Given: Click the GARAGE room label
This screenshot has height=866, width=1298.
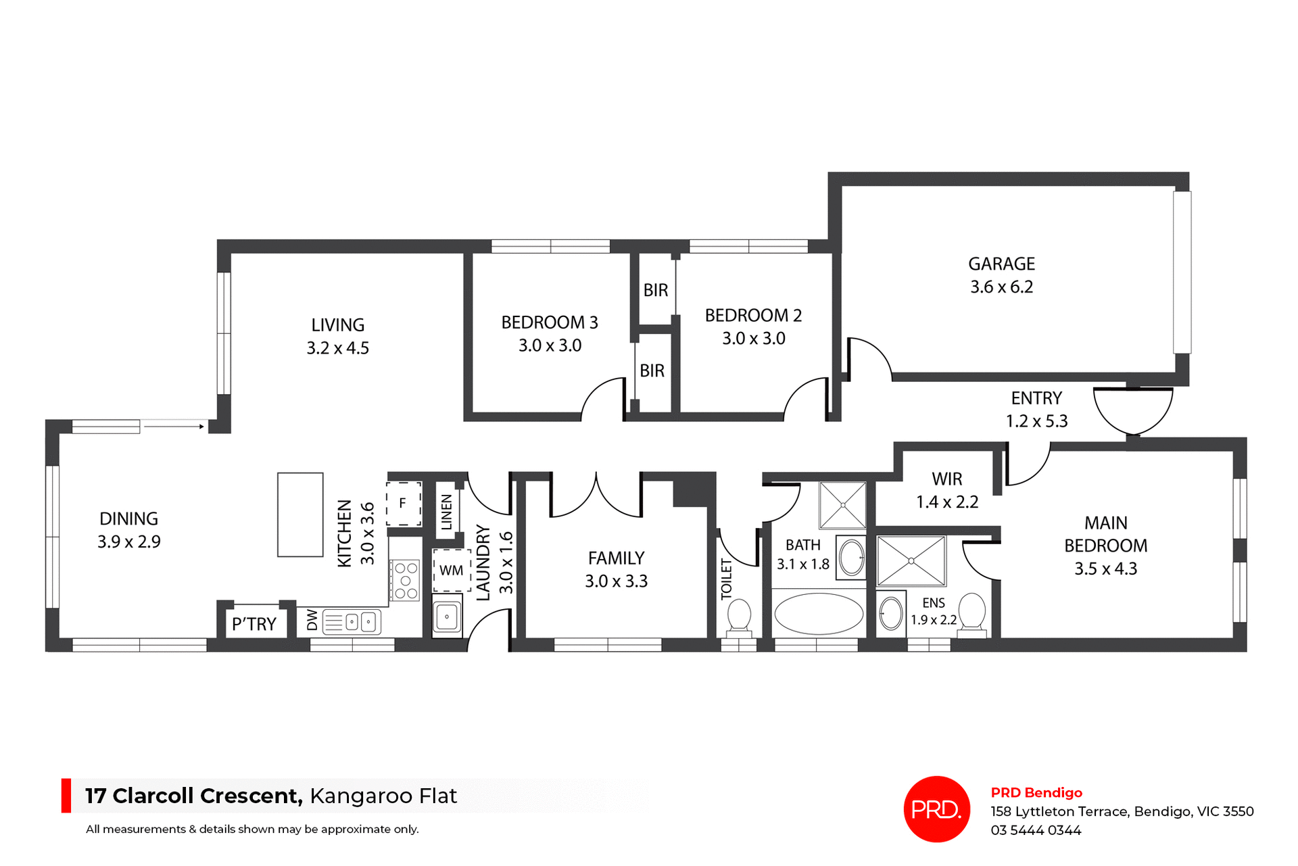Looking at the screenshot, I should coord(1001,264).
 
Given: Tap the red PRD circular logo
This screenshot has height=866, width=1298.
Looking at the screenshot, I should coord(936,809).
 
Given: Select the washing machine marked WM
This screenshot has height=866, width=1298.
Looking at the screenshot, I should coord(451,570).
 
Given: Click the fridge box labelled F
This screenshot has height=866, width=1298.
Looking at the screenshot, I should coord(403,504).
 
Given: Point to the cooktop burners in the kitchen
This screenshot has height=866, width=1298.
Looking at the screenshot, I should coord(406,581).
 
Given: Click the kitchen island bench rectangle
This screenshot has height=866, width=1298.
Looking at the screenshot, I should coord(300,514).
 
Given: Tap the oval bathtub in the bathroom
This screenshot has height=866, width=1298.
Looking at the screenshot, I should coord(818,614).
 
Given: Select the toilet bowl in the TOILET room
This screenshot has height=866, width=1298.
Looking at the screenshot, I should coord(739,615).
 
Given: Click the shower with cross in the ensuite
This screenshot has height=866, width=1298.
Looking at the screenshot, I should coord(911,560).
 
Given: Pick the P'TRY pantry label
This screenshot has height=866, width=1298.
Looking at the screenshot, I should coord(254,624).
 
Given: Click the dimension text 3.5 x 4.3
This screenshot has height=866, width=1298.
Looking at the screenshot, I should coord(1105,569).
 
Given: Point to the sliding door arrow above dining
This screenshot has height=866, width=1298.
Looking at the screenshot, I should coord(174,427).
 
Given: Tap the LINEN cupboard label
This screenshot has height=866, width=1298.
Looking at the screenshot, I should coord(446,512).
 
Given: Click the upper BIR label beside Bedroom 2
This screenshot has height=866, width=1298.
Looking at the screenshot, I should coord(655,290).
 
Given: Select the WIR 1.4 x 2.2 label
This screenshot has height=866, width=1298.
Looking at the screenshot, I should coord(946,490).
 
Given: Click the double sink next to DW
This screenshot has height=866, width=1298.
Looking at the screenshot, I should coord(360,621).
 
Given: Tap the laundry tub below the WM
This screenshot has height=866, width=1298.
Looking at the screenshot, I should coord(447,617).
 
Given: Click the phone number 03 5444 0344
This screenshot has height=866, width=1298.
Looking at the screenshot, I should coord(1036,830).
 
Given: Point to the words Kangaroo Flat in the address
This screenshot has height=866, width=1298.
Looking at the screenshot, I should coord(383,796).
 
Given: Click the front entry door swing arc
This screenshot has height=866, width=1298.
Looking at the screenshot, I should coord(1133,412).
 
